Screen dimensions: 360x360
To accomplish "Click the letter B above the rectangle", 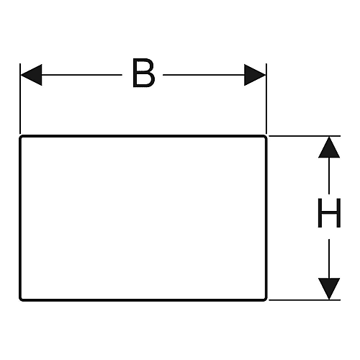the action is coord(143,73).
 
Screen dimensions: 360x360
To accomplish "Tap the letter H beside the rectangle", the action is coord(329,213).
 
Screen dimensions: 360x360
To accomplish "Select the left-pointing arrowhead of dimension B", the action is coord(31,75).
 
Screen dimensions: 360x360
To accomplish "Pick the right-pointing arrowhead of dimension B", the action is coord(255,75).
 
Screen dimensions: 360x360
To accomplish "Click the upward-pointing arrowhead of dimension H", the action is coord(329,147).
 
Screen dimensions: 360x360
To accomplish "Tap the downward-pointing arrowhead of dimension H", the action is coord(329,289).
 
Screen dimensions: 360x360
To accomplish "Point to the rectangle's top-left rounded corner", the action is coord(21,138).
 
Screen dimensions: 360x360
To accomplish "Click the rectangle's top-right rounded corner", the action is coord(265,137).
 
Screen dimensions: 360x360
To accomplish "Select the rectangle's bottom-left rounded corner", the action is coord(21,299).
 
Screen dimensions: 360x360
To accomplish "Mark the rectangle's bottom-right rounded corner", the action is coord(265,299).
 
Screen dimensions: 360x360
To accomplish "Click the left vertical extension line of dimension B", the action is coord(20,99).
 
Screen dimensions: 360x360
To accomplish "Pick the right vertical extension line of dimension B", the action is coord(266,99).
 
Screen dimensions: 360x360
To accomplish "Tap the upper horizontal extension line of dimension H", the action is coord(305,136).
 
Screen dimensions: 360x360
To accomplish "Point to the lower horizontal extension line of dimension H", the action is coord(305,300).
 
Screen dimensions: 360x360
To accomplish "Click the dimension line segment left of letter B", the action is coord(82,75).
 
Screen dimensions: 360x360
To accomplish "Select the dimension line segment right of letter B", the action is coord(204,75).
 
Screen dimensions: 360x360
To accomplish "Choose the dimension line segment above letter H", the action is coord(329,176).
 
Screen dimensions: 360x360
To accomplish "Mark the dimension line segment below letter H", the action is coord(329,258).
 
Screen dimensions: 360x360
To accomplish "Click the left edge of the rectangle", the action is coord(20,218).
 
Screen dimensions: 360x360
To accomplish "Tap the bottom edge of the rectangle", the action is coord(143,300).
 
